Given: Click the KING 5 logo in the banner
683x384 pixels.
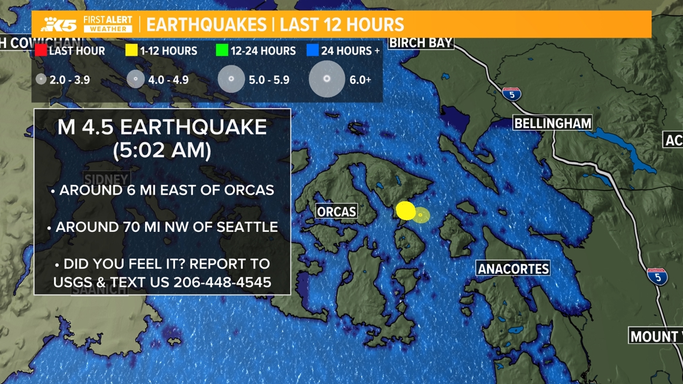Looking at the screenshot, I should (x=59, y=24).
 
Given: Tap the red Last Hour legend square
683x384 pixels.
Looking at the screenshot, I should (x=40, y=50).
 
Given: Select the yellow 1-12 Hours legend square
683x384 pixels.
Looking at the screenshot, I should (x=131, y=50).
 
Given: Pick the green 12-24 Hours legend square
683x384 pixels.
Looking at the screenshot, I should (x=222, y=50).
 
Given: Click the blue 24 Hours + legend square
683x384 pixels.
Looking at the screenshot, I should (x=312, y=50).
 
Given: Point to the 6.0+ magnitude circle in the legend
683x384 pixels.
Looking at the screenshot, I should (x=327, y=79).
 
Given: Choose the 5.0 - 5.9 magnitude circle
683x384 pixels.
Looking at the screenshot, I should (x=231, y=79).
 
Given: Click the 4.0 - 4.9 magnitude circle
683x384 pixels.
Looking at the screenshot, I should (x=136, y=79).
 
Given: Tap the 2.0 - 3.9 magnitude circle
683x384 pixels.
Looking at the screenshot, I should (x=41, y=79).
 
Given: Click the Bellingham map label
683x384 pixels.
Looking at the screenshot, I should (x=552, y=123).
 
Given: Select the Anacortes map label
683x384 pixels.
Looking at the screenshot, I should (x=513, y=268).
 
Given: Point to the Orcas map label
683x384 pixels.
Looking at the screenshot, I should (x=336, y=211).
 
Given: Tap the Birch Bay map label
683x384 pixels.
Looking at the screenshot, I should (x=421, y=43).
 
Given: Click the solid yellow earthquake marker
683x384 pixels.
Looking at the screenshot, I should (x=406, y=210).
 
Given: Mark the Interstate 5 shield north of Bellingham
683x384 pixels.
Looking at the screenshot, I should (x=511, y=93).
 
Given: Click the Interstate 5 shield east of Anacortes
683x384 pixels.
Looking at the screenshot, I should (x=657, y=277).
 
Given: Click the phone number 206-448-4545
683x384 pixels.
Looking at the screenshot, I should (x=222, y=282).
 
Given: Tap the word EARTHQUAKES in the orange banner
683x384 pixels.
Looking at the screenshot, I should (x=207, y=25).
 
